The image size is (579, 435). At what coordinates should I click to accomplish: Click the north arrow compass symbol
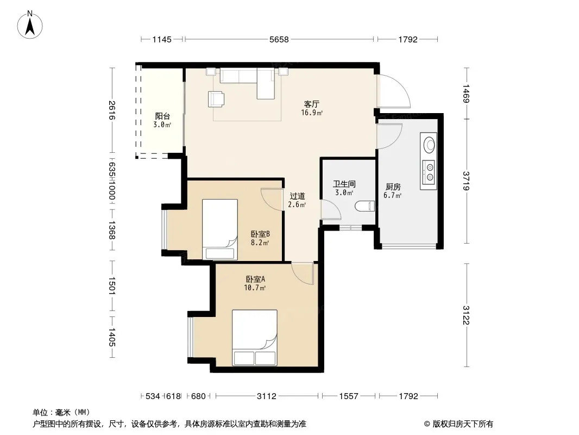point(30,24)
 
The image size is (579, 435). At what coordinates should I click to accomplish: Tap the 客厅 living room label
point(312,104)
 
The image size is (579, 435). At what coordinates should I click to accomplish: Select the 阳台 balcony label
point(162,116)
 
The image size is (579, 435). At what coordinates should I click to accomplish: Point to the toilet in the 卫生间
point(365,206)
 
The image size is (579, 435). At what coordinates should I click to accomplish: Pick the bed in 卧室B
point(220,229)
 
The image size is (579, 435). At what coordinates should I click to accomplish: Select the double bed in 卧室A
point(254,338)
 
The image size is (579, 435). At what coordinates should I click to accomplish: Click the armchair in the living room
point(216,98)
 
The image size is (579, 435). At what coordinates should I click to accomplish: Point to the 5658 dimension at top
point(279,39)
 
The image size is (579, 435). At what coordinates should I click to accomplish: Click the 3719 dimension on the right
point(466,181)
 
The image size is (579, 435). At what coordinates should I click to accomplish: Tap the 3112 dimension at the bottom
point(267,396)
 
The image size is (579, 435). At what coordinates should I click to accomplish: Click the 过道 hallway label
point(297,196)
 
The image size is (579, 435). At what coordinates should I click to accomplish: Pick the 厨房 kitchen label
point(393,187)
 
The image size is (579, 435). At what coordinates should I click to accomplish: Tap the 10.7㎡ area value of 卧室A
point(255,288)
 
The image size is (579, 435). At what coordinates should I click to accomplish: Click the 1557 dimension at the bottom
point(349,396)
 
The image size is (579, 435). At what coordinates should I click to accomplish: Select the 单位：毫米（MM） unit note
point(61,412)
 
